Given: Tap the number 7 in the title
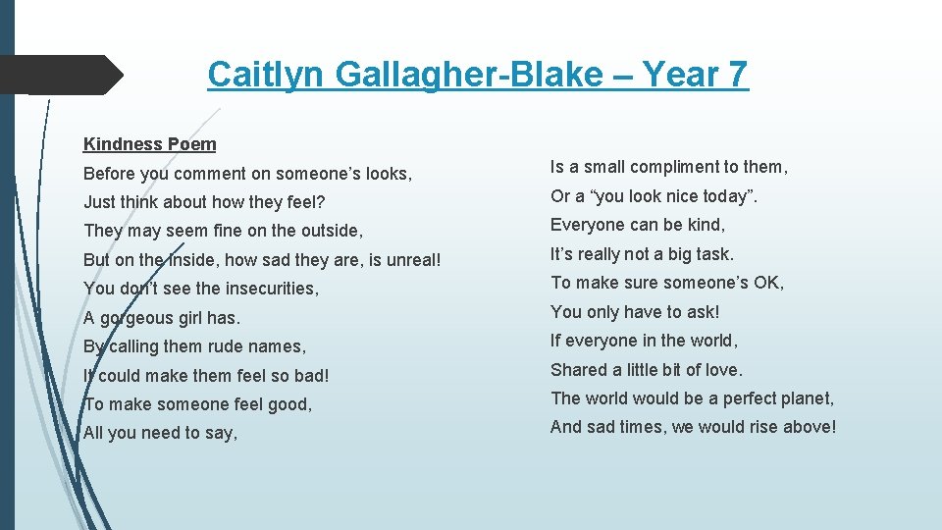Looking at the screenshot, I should (737, 74).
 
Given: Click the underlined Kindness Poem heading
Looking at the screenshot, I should (149, 144).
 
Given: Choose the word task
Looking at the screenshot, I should (714, 254).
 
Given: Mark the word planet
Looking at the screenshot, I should (804, 398).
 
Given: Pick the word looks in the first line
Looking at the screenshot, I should (388, 174).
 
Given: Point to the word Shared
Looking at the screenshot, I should (579, 370).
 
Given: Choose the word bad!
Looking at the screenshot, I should (310, 376).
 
